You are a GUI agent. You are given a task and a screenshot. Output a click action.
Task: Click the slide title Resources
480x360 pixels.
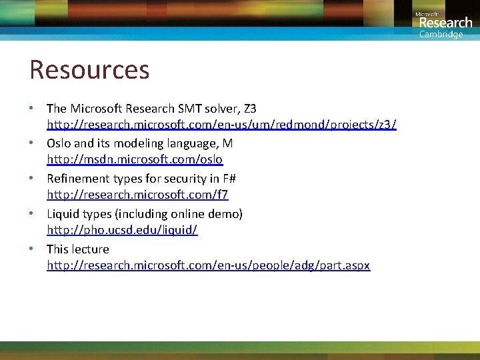coord(89,69)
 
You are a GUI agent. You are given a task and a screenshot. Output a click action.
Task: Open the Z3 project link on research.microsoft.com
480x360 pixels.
coord(221,125)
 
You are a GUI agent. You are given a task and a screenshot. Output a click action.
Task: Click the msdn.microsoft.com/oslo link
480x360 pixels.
coord(135,160)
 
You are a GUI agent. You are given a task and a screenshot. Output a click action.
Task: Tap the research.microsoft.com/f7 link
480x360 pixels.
coord(137,195)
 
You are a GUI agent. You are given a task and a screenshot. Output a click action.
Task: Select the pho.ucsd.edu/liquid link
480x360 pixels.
coord(122,230)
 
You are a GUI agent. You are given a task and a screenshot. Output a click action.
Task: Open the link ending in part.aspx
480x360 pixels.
coord(208,265)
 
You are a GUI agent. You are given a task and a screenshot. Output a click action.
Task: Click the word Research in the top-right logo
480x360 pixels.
coord(445,23)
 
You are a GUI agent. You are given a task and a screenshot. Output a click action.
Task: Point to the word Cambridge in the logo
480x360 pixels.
coord(441,35)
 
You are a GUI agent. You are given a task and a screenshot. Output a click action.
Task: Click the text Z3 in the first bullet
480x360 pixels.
coord(249,108)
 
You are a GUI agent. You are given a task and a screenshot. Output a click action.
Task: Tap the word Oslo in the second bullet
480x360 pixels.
coord(59,143)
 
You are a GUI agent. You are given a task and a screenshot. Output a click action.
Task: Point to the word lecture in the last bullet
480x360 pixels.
coord(90,249)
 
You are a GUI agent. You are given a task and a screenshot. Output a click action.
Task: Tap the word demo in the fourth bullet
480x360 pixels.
coord(225,214)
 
